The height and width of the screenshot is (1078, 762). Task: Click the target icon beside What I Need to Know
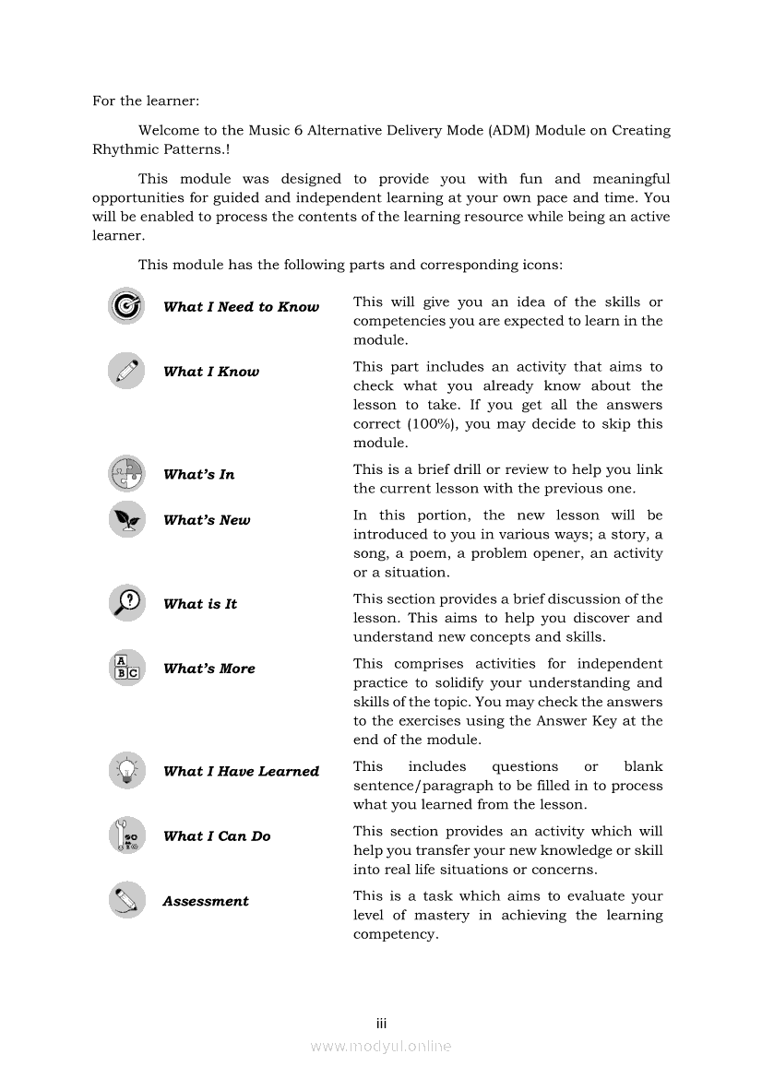[125, 306]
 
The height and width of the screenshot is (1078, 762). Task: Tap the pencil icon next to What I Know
[125, 371]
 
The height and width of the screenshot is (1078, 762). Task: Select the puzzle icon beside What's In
[125, 474]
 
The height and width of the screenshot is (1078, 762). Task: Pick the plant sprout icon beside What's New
[125, 520]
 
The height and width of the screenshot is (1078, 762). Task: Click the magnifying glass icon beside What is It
[125, 603]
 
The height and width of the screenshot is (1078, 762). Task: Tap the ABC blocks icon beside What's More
[125, 668]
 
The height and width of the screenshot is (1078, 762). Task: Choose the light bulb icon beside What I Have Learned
[125, 771]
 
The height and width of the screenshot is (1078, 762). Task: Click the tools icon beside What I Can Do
[125, 835]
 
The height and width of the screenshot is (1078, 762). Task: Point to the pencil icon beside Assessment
[125, 900]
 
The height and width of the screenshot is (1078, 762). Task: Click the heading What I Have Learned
[241, 771]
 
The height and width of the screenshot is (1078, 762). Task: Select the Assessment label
[206, 901]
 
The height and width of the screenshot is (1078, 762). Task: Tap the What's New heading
[207, 520]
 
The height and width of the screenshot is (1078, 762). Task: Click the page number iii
[381, 1024]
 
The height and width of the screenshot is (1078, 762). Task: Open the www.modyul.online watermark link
[381, 1046]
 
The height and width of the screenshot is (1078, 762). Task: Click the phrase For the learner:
[146, 101]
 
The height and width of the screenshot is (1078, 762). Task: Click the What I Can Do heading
[217, 835]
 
